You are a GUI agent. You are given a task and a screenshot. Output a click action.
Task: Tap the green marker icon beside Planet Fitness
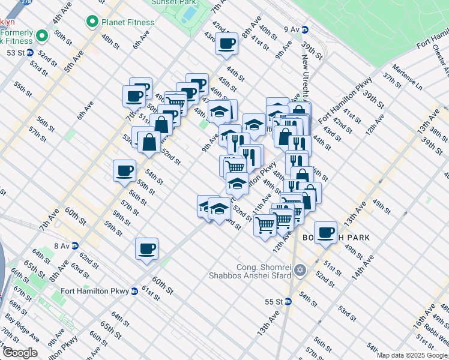coord(92,22)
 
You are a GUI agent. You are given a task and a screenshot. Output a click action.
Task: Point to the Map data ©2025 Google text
coord(412,355)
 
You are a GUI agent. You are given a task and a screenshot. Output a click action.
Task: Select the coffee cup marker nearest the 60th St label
coord(146,248)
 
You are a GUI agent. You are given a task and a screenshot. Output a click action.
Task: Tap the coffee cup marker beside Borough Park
coord(326,232)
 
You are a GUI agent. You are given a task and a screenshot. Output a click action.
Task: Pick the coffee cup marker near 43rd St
coord(226,44)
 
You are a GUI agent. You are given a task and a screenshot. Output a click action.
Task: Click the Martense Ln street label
coord(407,77)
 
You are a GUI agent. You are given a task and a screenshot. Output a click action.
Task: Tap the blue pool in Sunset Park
coord(189,13)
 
